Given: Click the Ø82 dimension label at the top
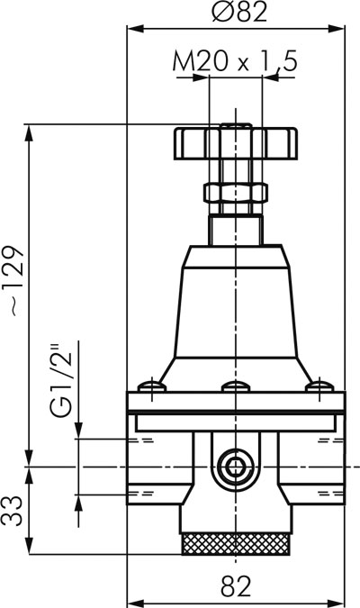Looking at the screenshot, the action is tap(240, 12).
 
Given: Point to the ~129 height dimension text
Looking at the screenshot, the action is tap(17, 280).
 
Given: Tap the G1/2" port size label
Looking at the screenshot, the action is tap(61, 378).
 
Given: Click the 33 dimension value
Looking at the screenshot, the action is tap(13, 511).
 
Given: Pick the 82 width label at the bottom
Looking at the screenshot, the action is tap(236, 585).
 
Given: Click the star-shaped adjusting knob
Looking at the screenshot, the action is tap(236, 143).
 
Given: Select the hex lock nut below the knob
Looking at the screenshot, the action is tap(236, 193).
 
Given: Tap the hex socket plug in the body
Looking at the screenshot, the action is tap(235, 468).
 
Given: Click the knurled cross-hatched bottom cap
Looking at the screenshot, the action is tap(236, 544).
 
